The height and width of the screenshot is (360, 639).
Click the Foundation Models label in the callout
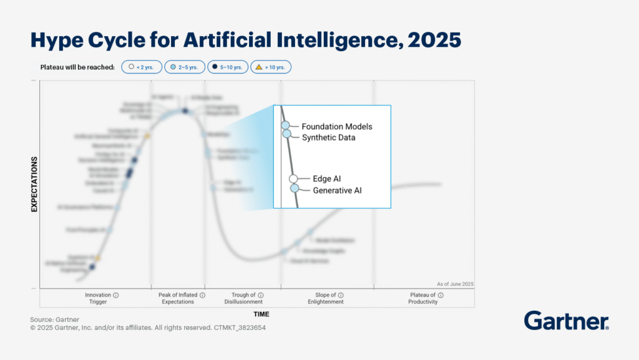point(336,127)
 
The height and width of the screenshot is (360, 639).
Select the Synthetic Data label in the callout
point(328,137)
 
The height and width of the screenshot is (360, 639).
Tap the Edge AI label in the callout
point(326,179)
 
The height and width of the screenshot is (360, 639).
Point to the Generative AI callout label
point(337,190)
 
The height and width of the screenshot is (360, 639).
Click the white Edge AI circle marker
point(293,179)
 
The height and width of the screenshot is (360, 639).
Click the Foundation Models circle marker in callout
point(285,125)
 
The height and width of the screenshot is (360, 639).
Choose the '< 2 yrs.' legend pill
point(142,67)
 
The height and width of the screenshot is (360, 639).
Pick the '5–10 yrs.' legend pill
point(227,67)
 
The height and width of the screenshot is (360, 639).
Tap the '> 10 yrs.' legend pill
point(271,67)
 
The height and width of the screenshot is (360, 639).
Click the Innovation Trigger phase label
point(98,298)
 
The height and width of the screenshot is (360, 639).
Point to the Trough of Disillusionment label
point(243,298)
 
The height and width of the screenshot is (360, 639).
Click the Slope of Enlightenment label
point(326,298)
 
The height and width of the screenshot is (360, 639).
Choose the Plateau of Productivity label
point(423,298)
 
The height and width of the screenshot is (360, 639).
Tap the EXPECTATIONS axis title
point(35,184)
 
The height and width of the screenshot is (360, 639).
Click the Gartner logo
point(566,321)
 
